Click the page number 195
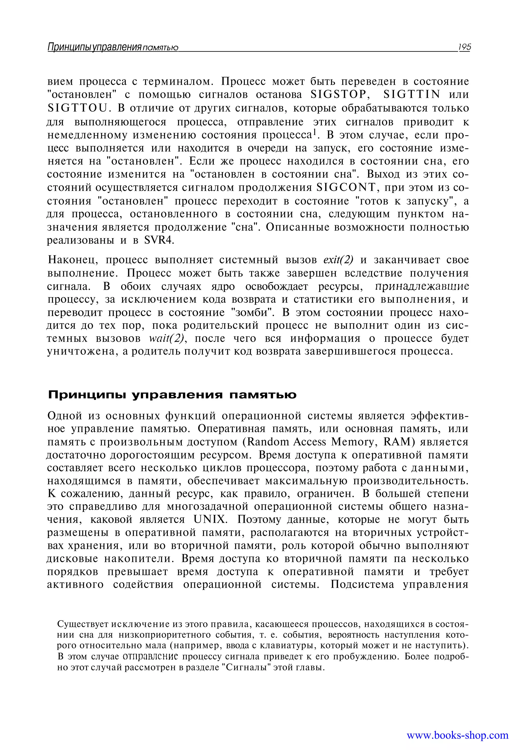coord(464,47)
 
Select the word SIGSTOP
coord(338,94)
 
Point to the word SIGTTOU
coord(77,108)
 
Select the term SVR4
coord(159,240)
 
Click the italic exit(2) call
coord(338,260)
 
